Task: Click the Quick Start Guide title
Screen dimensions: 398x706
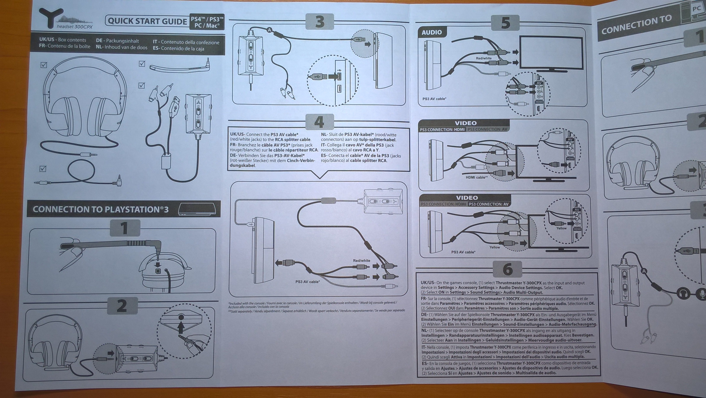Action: (147, 21)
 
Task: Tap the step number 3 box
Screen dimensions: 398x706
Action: (319, 22)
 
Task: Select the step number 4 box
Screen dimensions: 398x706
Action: (319, 122)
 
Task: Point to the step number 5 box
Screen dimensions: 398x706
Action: (505, 23)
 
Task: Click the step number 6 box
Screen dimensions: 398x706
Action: (507, 269)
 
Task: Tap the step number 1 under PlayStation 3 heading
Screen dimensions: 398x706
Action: (125, 228)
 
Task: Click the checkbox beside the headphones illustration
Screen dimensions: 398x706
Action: (43, 65)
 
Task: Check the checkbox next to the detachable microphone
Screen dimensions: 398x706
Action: (142, 64)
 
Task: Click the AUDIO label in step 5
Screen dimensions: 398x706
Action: (432, 32)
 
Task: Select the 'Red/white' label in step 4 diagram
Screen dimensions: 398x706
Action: (361, 260)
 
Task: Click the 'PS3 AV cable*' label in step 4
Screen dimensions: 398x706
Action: (308, 281)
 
